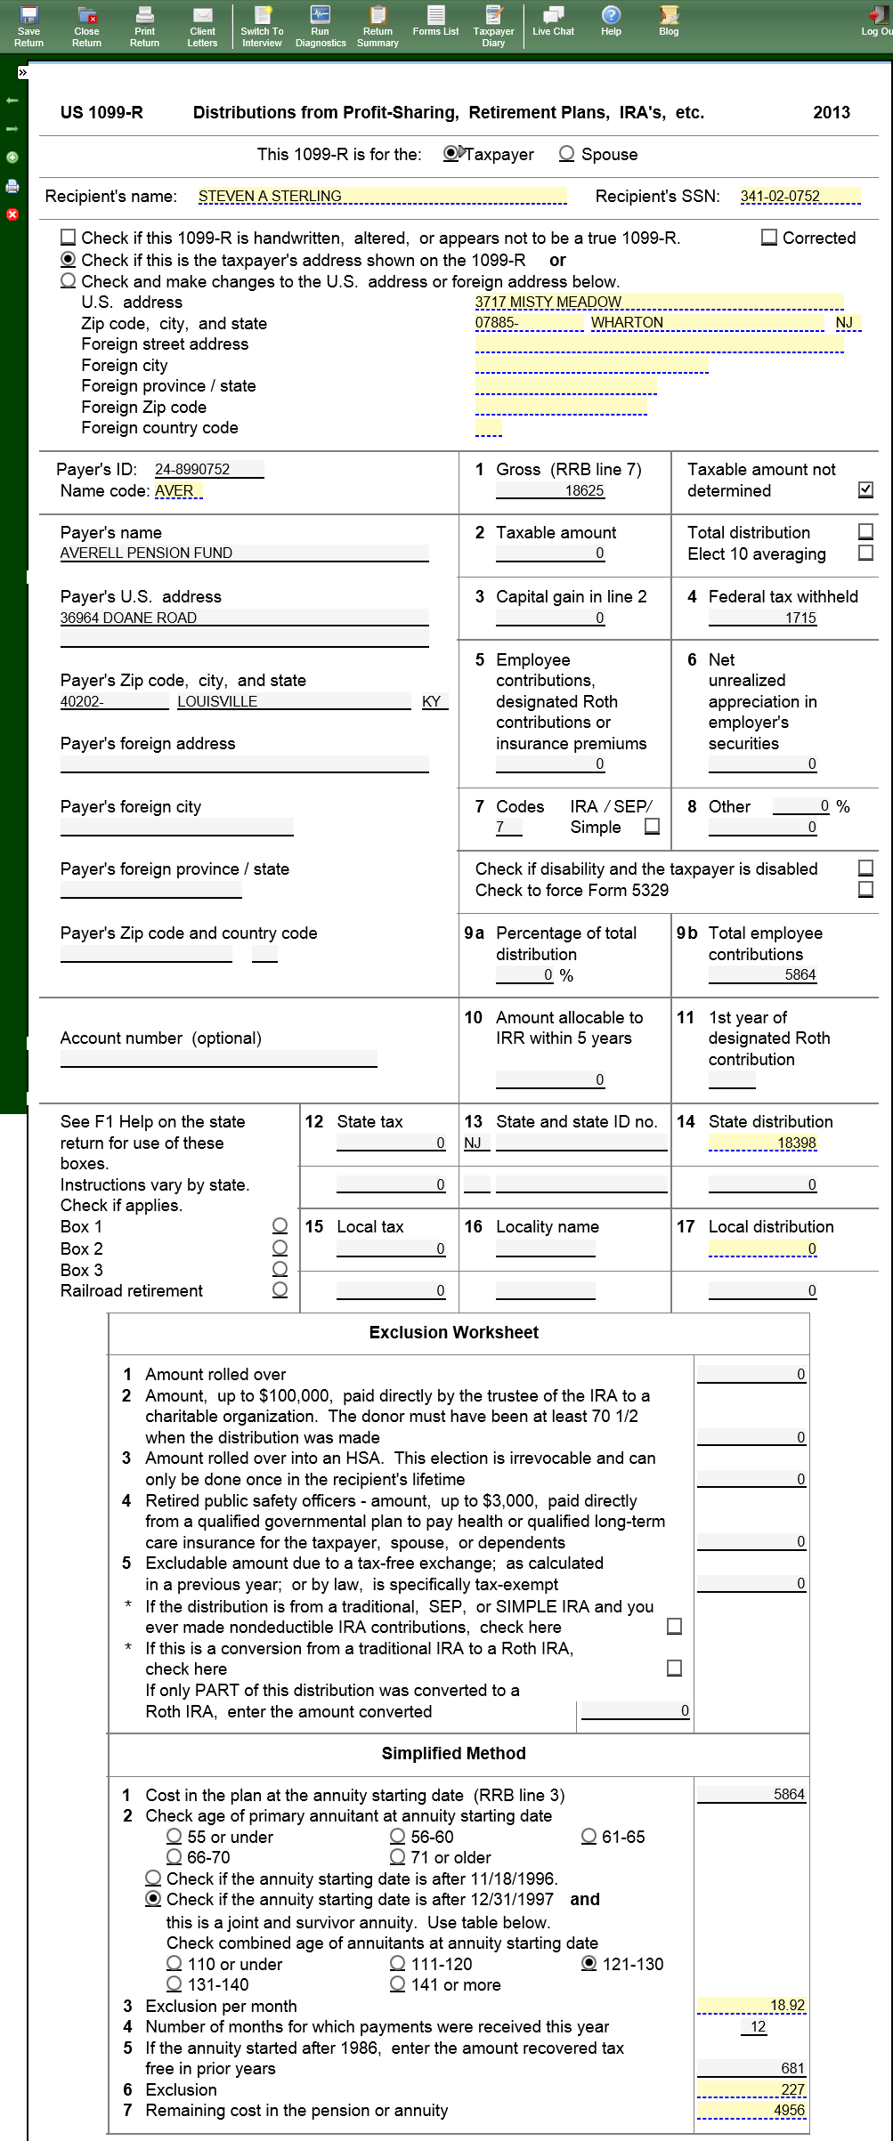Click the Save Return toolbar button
click(x=28, y=25)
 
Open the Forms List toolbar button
click(x=435, y=20)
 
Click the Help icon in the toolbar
click(x=611, y=20)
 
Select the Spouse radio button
click(x=566, y=154)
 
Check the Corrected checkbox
click(x=769, y=238)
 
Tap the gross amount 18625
click(x=584, y=490)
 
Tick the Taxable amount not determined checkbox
click(x=865, y=489)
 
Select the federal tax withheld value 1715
click(x=800, y=618)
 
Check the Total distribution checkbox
click(x=865, y=531)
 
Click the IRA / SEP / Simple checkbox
click(x=652, y=826)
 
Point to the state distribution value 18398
click(x=796, y=1143)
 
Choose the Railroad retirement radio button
click(x=280, y=1289)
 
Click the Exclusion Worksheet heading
click(x=453, y=1332)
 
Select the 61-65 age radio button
click(x=589, y=1837)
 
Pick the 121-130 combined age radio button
click(x=589, y=1963)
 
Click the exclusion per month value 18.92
click(x=787, y=2005)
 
